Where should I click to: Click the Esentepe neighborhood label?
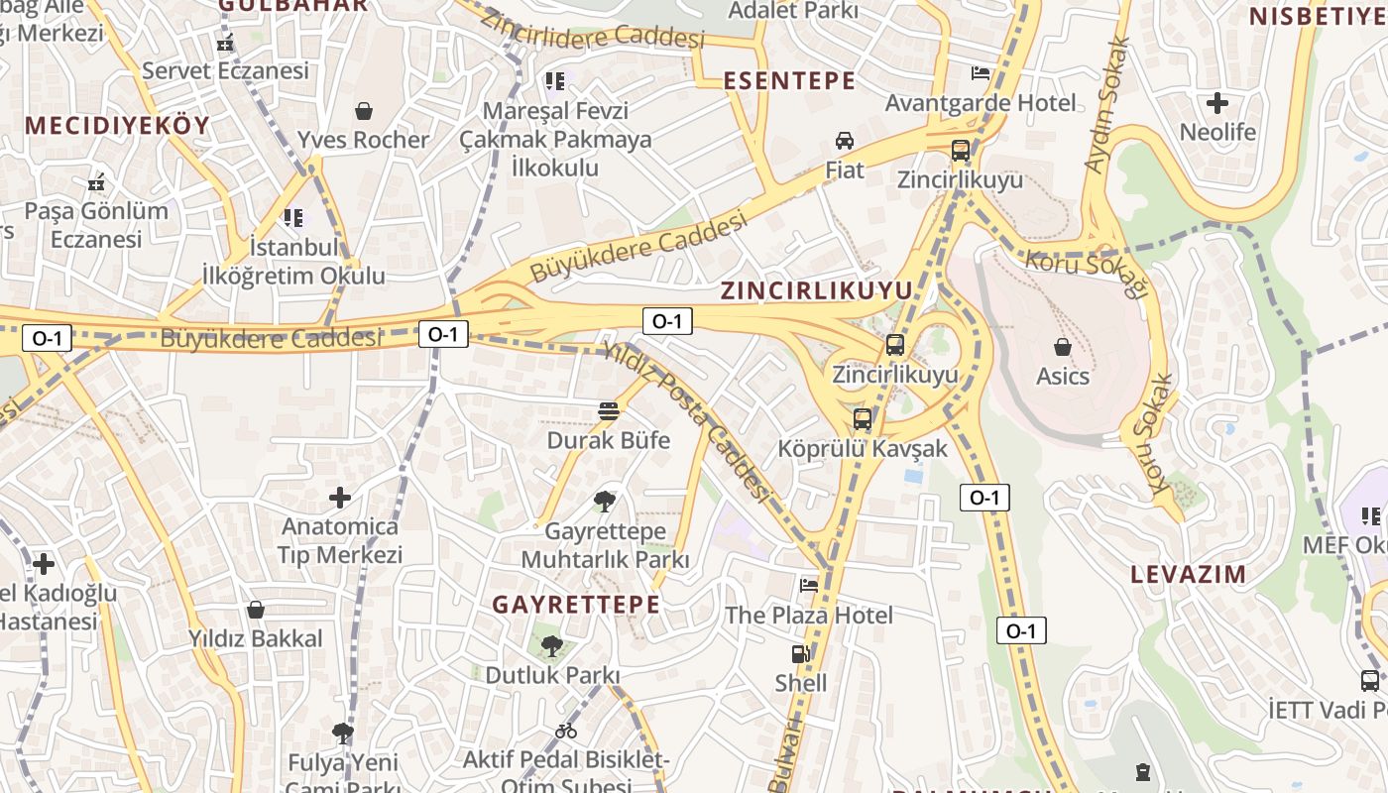pos(789,81)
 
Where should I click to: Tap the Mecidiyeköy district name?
pos(117,125)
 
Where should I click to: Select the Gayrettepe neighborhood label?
pos(575,605)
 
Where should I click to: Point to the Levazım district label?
pos(1188,574)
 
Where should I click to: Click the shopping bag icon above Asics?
pos(1063,347)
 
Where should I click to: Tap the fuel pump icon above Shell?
pos(800,654)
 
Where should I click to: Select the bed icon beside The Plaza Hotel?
pos(809,585)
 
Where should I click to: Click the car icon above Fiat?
pos(845,141)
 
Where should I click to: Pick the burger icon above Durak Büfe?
pos(609,411)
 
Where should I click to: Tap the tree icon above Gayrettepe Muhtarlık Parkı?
pos(604,502)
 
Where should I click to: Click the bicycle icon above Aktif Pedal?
pos(566,732)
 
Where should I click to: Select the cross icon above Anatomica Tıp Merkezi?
pos(340,497)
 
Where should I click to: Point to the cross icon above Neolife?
pos(1217,102)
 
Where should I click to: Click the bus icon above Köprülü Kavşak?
pos(863,418)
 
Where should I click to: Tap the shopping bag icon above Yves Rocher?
pos(364,110)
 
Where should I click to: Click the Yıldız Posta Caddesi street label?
pos(686,420)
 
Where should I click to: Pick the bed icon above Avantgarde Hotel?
pos(980,73)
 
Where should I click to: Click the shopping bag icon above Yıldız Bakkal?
pos(256,609)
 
